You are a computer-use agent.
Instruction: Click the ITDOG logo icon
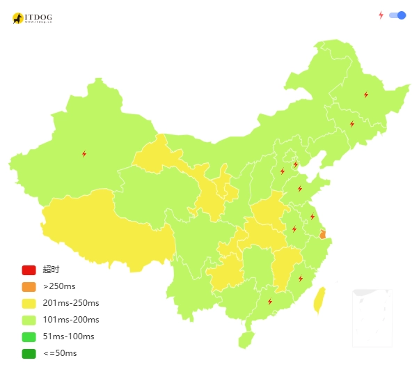18,18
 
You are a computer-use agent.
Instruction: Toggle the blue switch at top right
397,15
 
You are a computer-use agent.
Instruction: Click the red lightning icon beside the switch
381,15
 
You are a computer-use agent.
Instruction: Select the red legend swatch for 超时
29,270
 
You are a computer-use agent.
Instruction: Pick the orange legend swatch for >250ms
29,286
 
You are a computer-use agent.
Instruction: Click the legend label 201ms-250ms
71,303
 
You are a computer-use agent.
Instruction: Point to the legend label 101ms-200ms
71,320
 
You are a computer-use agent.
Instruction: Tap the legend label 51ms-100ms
68,336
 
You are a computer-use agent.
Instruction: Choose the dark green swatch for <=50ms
29,353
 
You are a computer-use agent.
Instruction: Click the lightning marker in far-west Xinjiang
84,154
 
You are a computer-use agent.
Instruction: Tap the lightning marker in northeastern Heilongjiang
366,95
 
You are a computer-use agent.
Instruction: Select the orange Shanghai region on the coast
322,234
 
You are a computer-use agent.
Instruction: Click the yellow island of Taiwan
319,300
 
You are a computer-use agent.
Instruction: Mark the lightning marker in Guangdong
270,302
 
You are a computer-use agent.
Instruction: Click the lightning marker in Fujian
301,279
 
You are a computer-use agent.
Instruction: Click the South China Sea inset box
372,317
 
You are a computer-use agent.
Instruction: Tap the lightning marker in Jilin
352,124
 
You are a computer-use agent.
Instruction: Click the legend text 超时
51,270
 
